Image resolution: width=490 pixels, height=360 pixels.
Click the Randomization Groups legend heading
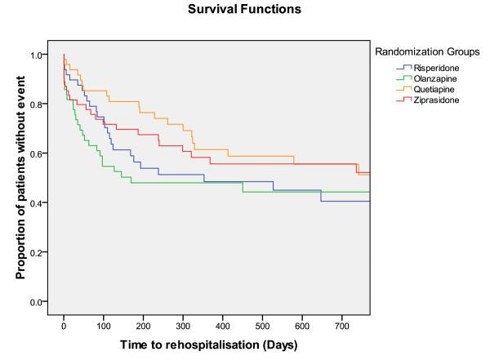427,52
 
